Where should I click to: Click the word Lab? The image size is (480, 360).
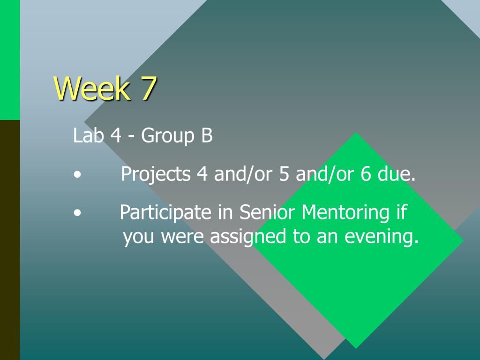[88, 135]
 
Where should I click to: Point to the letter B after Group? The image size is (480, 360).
[207, 135]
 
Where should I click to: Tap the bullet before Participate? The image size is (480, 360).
[77, 213]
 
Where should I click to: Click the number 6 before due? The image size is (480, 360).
[366, 173]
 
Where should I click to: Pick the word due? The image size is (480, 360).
[397, 173]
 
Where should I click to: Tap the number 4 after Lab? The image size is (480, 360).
[116, 135]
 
